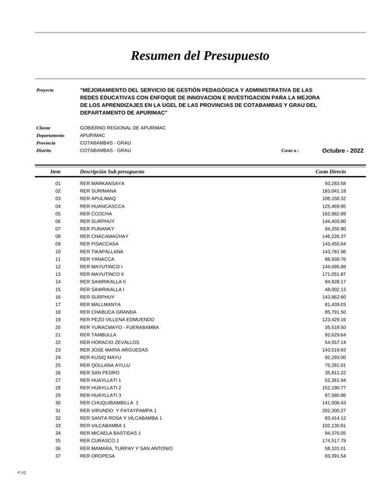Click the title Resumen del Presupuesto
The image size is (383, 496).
[x=200, y=56]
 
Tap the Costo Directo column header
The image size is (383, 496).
[x=331, y=170]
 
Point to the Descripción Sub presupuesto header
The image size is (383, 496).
[x=112, y=170]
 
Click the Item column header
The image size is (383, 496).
[x=55, y=170]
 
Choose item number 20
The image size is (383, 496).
[x=57, y=327]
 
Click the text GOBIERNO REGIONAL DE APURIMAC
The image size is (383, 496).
[x=122, y=127]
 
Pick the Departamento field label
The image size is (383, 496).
[x=50, y=135]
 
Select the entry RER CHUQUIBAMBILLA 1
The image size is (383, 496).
[x=109, y=403]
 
